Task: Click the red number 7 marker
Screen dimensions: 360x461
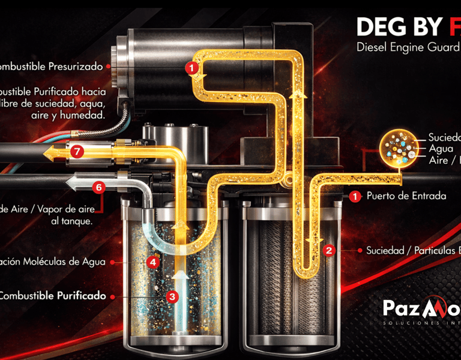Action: coord(76,152)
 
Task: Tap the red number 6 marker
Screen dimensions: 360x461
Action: coord(100,187)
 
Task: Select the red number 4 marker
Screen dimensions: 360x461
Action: coord(153,262)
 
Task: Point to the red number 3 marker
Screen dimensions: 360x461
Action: coord(172,296)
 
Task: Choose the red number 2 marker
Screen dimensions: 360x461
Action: coord(328,250)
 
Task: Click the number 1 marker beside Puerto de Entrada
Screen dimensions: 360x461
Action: coord(355,196)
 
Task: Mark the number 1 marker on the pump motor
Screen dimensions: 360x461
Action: coord(191,68)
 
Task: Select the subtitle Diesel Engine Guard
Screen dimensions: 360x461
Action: coord(408,46)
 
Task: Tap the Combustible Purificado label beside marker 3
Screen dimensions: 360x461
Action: coord(53,296)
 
